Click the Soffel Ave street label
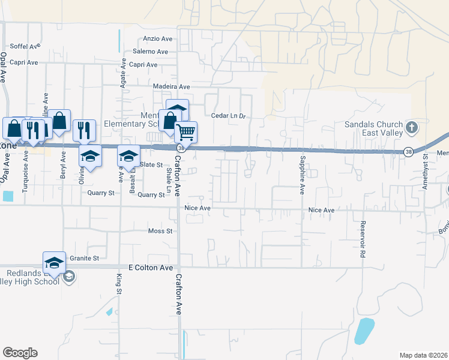pos(25,46)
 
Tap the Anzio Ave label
pos(157,38)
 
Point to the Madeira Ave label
pos(171,86)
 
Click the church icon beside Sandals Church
pos(411,127)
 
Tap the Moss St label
pos(160,231)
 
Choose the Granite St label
pos(83,258)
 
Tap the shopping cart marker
pos(186,131)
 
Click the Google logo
pos(20,353)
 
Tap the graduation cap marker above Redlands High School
pos(54,262)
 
